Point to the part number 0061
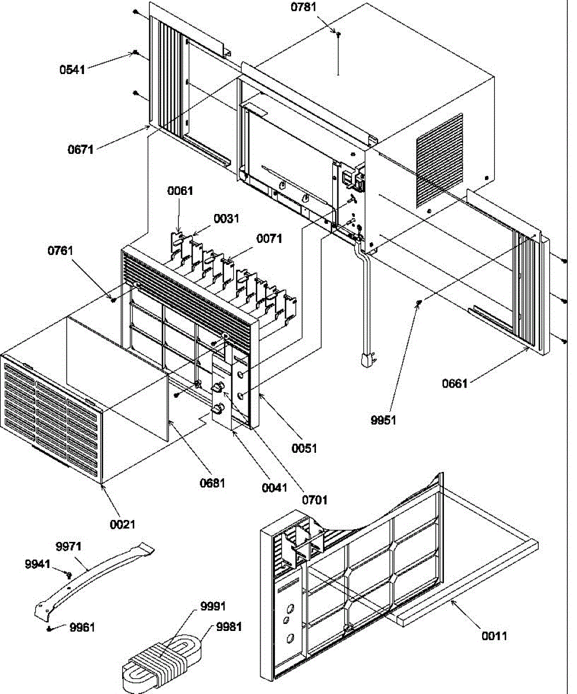pyautogui.click(x=180, y=191)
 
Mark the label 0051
pyautogui.click(x=304, y=448)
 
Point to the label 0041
pyautogui.click(x=273, y=487)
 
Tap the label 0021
pyautogui.click(x=122, y=525)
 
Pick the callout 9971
pyautogui.click(x=69, y=545)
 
